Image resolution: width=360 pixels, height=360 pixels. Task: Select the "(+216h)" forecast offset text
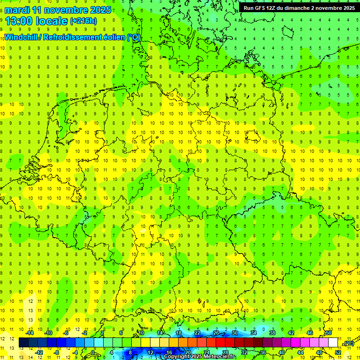click(83, 21)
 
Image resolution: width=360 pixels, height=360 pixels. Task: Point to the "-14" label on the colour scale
click(30, 332)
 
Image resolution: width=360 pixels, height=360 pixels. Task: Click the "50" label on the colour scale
click(329, 332)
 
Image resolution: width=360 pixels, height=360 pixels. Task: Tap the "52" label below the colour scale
click(338, 352)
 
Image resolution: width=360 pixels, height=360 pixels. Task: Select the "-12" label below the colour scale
click(39, 352)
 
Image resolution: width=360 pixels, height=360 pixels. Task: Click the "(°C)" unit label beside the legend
click(347, 343)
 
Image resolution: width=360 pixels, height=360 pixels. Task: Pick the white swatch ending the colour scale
click(333, 343)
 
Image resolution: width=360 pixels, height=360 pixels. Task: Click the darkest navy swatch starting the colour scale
click(23, 343)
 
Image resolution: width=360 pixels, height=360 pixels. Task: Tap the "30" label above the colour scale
click(234, 332)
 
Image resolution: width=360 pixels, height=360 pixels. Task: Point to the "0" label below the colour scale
click(93, 352)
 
